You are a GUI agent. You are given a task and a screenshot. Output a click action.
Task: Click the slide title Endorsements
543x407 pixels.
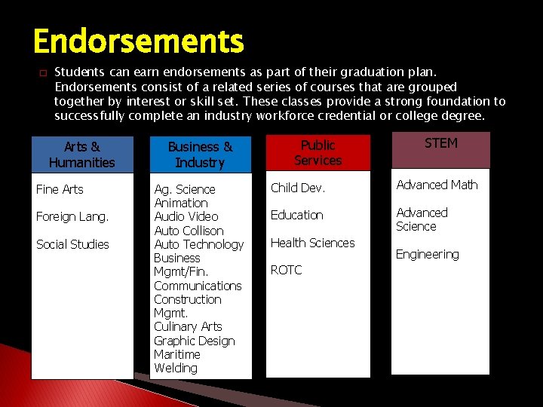click(x=138, y=41)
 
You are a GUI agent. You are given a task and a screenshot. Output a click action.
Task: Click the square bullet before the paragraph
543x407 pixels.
click(x=42, y=73)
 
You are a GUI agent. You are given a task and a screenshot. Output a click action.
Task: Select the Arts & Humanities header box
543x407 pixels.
click(x=81, y=155)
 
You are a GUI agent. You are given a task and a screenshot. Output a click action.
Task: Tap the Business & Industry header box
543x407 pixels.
click(x=200, y=155)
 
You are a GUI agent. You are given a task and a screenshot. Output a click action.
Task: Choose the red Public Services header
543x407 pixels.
click(x=318, y=152)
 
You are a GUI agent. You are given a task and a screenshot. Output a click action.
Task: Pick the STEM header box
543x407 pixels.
click(x=440, y=150)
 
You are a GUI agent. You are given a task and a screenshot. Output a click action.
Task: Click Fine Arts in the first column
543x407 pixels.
click(x=60, y=189)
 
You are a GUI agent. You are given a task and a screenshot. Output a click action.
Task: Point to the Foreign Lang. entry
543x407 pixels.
click(x=72, y=217)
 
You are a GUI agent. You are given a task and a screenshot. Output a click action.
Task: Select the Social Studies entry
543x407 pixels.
click(x=72, y=244)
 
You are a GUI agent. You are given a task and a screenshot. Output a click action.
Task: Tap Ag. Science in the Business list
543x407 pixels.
click(x=185, y=189)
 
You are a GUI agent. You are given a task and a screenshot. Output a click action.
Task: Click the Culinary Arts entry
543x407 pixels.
click(x=188, y=326)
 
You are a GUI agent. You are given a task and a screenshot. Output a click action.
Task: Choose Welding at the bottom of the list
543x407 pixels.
click(x=176, y=368)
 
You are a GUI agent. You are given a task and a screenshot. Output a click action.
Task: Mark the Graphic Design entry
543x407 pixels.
click(x=194, y=341)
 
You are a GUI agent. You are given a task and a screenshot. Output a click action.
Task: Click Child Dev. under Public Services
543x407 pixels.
click(x=298, y=188)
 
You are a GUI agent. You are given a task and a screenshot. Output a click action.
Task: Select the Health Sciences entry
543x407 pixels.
click(x=312, y=243)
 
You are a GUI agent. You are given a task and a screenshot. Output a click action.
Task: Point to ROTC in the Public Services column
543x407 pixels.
click(x=286, y=270)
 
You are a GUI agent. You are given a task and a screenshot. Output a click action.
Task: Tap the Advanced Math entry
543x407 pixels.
click(x=437, y=185)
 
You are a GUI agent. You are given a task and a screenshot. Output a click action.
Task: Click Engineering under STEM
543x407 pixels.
click(x=427, y=254)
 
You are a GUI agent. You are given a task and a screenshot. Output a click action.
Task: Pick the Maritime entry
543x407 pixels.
click(x=177, y=354)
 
